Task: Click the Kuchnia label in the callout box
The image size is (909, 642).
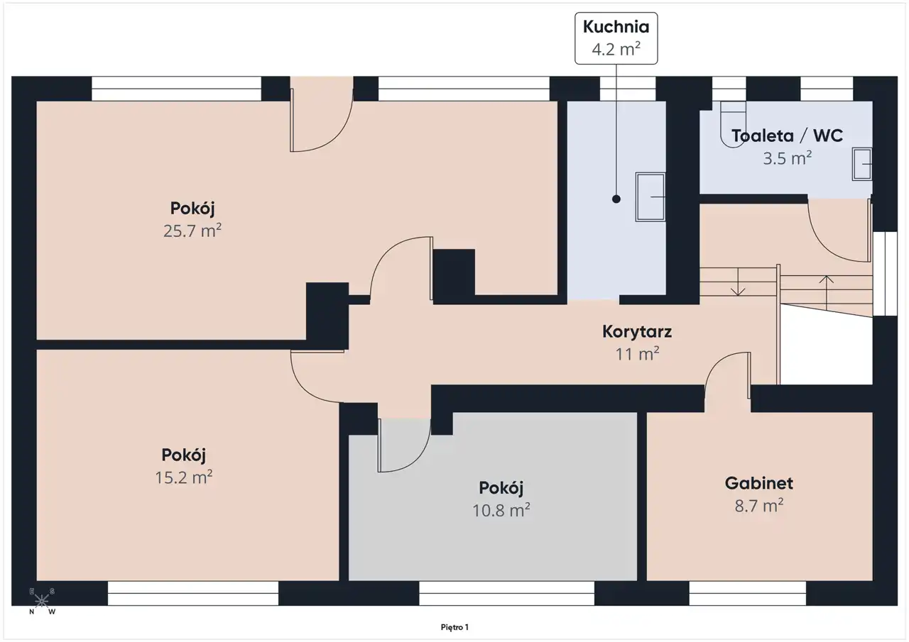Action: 616,27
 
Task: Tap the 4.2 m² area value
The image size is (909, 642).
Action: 616,49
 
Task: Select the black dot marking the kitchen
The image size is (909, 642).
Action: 616,199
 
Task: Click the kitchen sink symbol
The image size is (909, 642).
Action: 650,197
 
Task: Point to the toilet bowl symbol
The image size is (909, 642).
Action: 733,124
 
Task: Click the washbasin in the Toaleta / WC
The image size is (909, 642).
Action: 861,164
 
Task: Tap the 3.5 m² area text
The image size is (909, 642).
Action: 788,158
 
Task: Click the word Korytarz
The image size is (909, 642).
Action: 637,331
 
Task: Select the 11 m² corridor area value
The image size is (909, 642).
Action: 637,354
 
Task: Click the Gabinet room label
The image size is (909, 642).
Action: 759,483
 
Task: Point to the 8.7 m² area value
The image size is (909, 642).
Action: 759,506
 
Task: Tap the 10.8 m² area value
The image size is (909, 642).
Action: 501,510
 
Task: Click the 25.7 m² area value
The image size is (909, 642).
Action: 192,231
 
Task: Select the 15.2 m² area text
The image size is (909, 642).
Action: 184,477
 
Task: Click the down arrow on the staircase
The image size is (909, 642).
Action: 738,282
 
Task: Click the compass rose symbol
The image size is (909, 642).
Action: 41,601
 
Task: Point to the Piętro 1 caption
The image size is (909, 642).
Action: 454,627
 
